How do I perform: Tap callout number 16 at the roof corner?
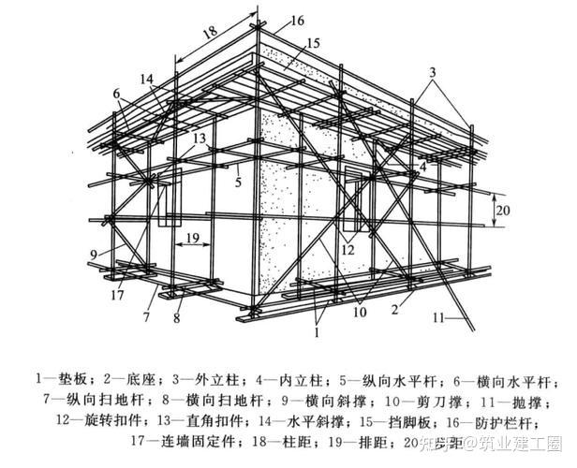298,21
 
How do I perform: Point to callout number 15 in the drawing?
313,43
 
